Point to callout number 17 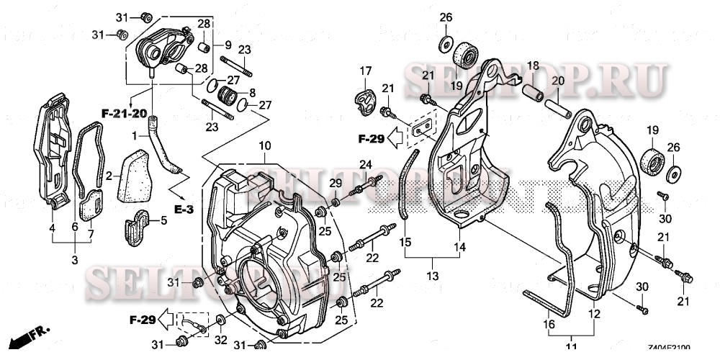tap(365, 71)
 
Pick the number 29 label tap(335, 184)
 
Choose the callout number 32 tap(220, 341)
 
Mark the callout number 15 tap(405, 243)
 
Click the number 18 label tap(532, 66)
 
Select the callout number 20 tap(556, 81)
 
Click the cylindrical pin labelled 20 tap(559, 104)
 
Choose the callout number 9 tap(217, 44)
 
